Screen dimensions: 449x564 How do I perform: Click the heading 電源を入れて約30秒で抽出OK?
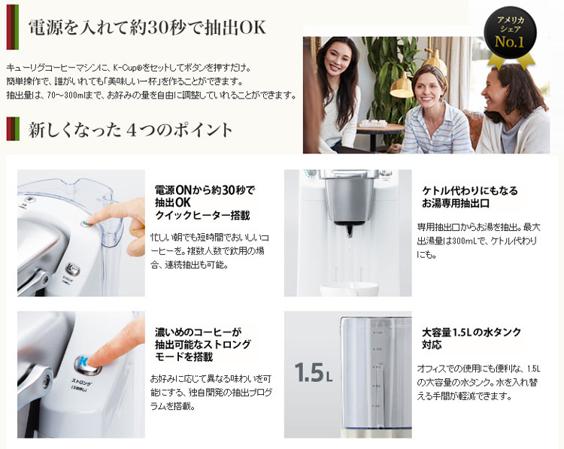pos(147,28)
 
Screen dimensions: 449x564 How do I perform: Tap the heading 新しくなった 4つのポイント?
pos(131,129)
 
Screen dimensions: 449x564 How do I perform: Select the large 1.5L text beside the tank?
pos(313,372)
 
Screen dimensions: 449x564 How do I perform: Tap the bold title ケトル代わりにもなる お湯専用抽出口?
pos(470,197)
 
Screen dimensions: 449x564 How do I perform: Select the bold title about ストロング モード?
pos(202,344)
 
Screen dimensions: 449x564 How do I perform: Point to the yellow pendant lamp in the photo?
pos(402,86)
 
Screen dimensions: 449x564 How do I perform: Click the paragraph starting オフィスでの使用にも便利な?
pos(478,382)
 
